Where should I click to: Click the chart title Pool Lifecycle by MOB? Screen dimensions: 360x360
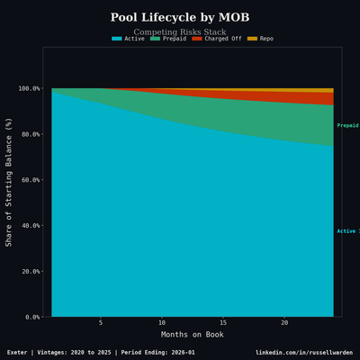pyautogui.click(x=180, y=18)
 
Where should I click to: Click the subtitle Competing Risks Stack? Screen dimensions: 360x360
pyautogui.click(x=180, y=31)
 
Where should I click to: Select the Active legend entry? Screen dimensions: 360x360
pyautogui.click(x=128, y=39)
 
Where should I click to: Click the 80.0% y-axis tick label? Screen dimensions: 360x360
pyautogui.click(x=29, y=135)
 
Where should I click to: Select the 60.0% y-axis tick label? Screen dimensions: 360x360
pyautogui.click(x=29, y=180)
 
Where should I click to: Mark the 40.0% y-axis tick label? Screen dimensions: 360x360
pyautogui.click(x=29, y=226)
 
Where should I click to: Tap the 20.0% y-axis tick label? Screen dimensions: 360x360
pyautogui.click(x=29, y=272)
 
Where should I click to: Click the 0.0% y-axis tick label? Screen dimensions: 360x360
pyautogui.click(x=31, y=318)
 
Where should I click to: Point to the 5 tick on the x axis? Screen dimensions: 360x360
pyautogui.click(x=101, y=323)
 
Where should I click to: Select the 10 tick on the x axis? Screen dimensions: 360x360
pyautogui.click(x=162, y=323)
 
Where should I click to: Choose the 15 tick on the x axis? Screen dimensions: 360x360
pyautogui.click(x=223, y=323)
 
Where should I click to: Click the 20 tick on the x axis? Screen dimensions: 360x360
pyautogui.click(x=284, y=323)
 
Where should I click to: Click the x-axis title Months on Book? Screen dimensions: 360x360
pyautogui.click(x=192, y=335)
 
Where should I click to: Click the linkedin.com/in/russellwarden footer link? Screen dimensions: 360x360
pyautogui.click(x=303, y=352)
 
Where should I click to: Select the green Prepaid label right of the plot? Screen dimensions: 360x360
pyautogui.click(x=347, y=126)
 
